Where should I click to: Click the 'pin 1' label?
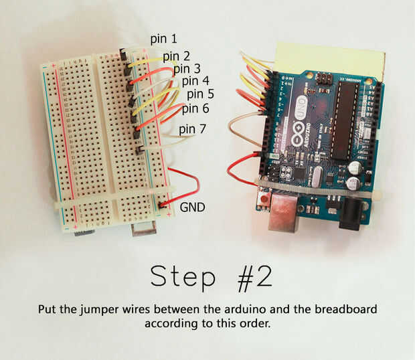[163, 39]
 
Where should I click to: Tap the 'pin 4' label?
[195, 81]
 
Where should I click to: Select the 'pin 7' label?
[192, 129]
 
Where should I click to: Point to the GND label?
[192, 207]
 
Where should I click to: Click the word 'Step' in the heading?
[183, 277]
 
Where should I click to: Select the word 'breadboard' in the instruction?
[345, 309]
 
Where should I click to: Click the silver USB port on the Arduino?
[283, 212]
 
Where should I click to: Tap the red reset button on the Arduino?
[264, 198]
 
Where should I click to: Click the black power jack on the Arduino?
[351, 213]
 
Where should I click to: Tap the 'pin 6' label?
[195, 108]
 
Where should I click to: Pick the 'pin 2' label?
[176, 57]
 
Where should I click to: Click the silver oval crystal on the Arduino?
[317, 175]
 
